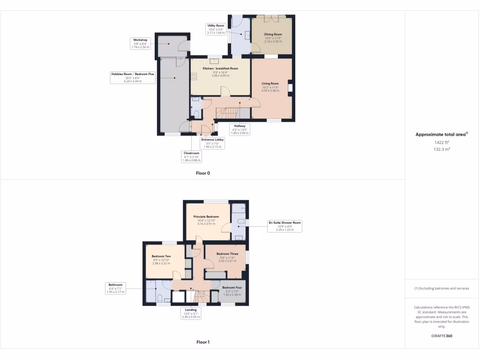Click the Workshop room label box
pyautogui.click(x=140, y=44)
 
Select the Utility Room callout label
pyautogui.click(x=217, y=29)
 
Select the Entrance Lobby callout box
pyautogui.click(x=213, y=143)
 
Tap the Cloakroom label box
pyautogui.click(x=191, y=157)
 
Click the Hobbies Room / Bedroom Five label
pyautogui.click(x=133, y=77)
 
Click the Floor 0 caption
pyautogui.click(x=203, y=173)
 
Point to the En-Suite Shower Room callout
pyautogui.click(x=285, y=226)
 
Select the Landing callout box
pyautogui.click(x=191, y=313)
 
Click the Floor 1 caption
pyautogui.click(x=203, y=342)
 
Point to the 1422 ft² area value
pyautogui.click(x=442, y=142)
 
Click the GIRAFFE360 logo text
pyautogui.click(x=442, y=336)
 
